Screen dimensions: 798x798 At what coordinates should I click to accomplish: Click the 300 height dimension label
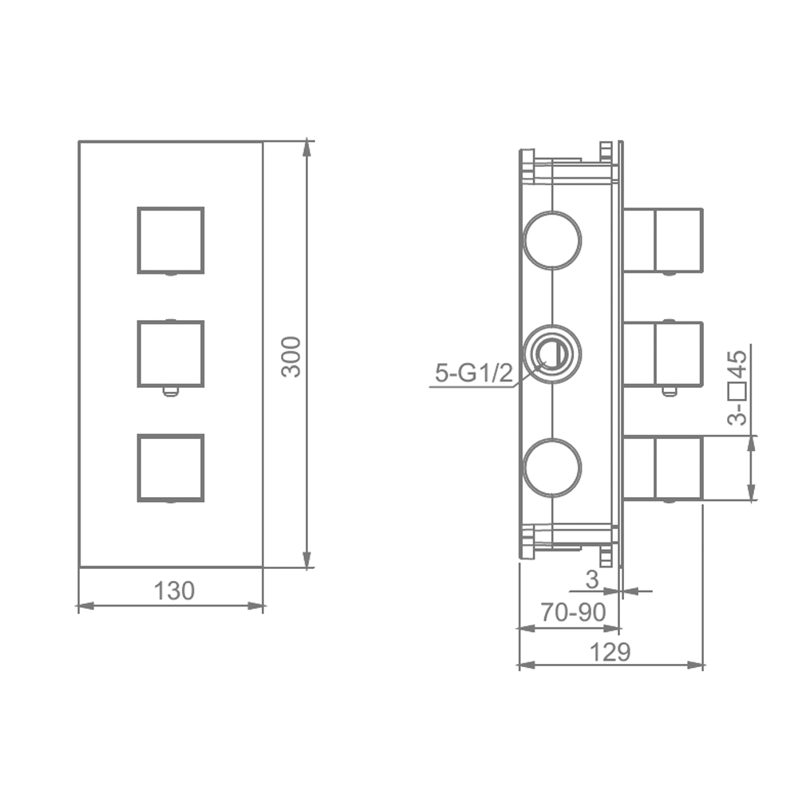tap(291, 356)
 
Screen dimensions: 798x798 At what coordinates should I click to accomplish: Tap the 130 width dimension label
tap(174, 591)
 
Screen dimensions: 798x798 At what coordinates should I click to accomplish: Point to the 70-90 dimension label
tap(573, 612)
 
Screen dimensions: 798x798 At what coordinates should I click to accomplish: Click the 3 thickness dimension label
tap(592, 579)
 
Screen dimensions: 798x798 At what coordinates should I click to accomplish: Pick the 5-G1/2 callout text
tap(474, 373)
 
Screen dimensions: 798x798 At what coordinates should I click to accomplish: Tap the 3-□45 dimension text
tap(737, 387)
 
